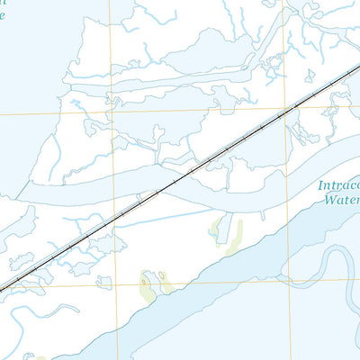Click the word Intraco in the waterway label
tap(338, 187)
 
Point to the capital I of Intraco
tap(319, 187)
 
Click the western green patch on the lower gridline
tap(148, 285)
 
